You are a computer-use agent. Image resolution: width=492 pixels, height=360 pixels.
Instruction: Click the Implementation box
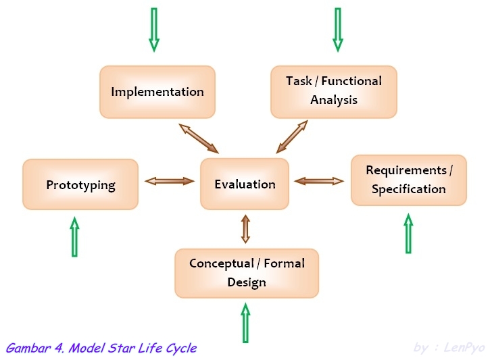point(157,92)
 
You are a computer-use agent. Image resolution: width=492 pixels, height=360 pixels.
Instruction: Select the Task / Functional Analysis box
point(334,91)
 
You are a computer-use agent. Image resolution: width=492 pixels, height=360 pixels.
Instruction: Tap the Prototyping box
point(80,184)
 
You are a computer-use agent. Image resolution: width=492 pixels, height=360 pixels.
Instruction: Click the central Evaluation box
point(245,184)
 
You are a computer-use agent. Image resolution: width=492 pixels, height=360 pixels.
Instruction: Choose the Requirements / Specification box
point(408,180)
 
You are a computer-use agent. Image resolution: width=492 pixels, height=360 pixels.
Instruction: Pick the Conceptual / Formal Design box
point(246,273)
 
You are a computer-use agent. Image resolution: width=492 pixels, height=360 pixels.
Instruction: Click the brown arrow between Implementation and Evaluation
point(199,138)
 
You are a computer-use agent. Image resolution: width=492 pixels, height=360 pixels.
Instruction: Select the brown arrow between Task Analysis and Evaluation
point(292,137)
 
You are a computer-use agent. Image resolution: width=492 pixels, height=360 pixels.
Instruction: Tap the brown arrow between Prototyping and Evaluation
point(170,180)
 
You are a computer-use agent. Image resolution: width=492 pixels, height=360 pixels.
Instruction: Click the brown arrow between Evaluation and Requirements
point(318,180)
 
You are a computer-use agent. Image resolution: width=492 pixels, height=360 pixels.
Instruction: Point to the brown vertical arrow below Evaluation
point(245,228)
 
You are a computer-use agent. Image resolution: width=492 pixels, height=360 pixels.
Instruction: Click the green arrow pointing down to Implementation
point(154,30)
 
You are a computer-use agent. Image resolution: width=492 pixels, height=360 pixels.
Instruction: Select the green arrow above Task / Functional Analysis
point(338,30)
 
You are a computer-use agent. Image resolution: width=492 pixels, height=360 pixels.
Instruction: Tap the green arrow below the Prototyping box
point(74,237)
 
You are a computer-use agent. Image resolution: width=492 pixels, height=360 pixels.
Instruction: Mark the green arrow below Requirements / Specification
point(408,234)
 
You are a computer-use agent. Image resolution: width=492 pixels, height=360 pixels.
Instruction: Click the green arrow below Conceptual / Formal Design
point(245,323)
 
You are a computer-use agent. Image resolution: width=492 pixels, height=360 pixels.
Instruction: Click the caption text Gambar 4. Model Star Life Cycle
point(101,349)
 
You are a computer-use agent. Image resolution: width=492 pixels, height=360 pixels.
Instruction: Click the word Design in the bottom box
point(246,282)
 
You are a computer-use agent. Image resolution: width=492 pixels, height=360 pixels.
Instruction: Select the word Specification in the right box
point(408,189)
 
